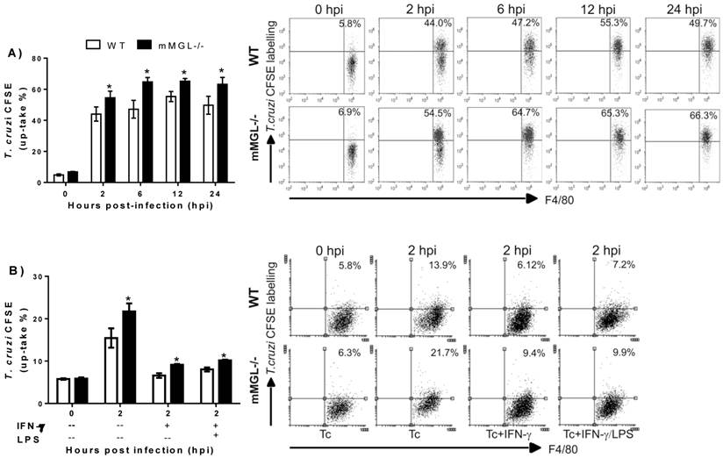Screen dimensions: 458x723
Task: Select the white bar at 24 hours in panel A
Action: pos(209,144)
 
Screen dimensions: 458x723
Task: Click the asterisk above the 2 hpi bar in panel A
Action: pos(110,87)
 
